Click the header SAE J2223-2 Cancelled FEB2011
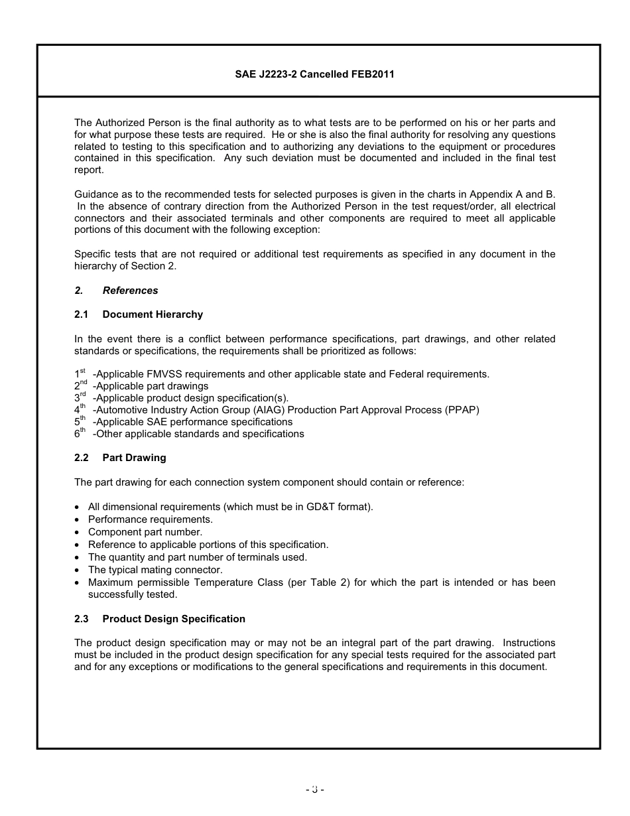314,74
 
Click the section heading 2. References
116,291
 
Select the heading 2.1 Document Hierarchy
139,314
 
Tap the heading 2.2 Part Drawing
120,458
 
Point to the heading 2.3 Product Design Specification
160,619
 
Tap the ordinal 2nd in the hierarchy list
80,385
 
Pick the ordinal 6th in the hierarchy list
80,433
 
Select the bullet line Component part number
145,532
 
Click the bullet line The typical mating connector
155,570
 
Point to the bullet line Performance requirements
151,519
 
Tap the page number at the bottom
314,789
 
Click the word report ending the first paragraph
88,170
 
